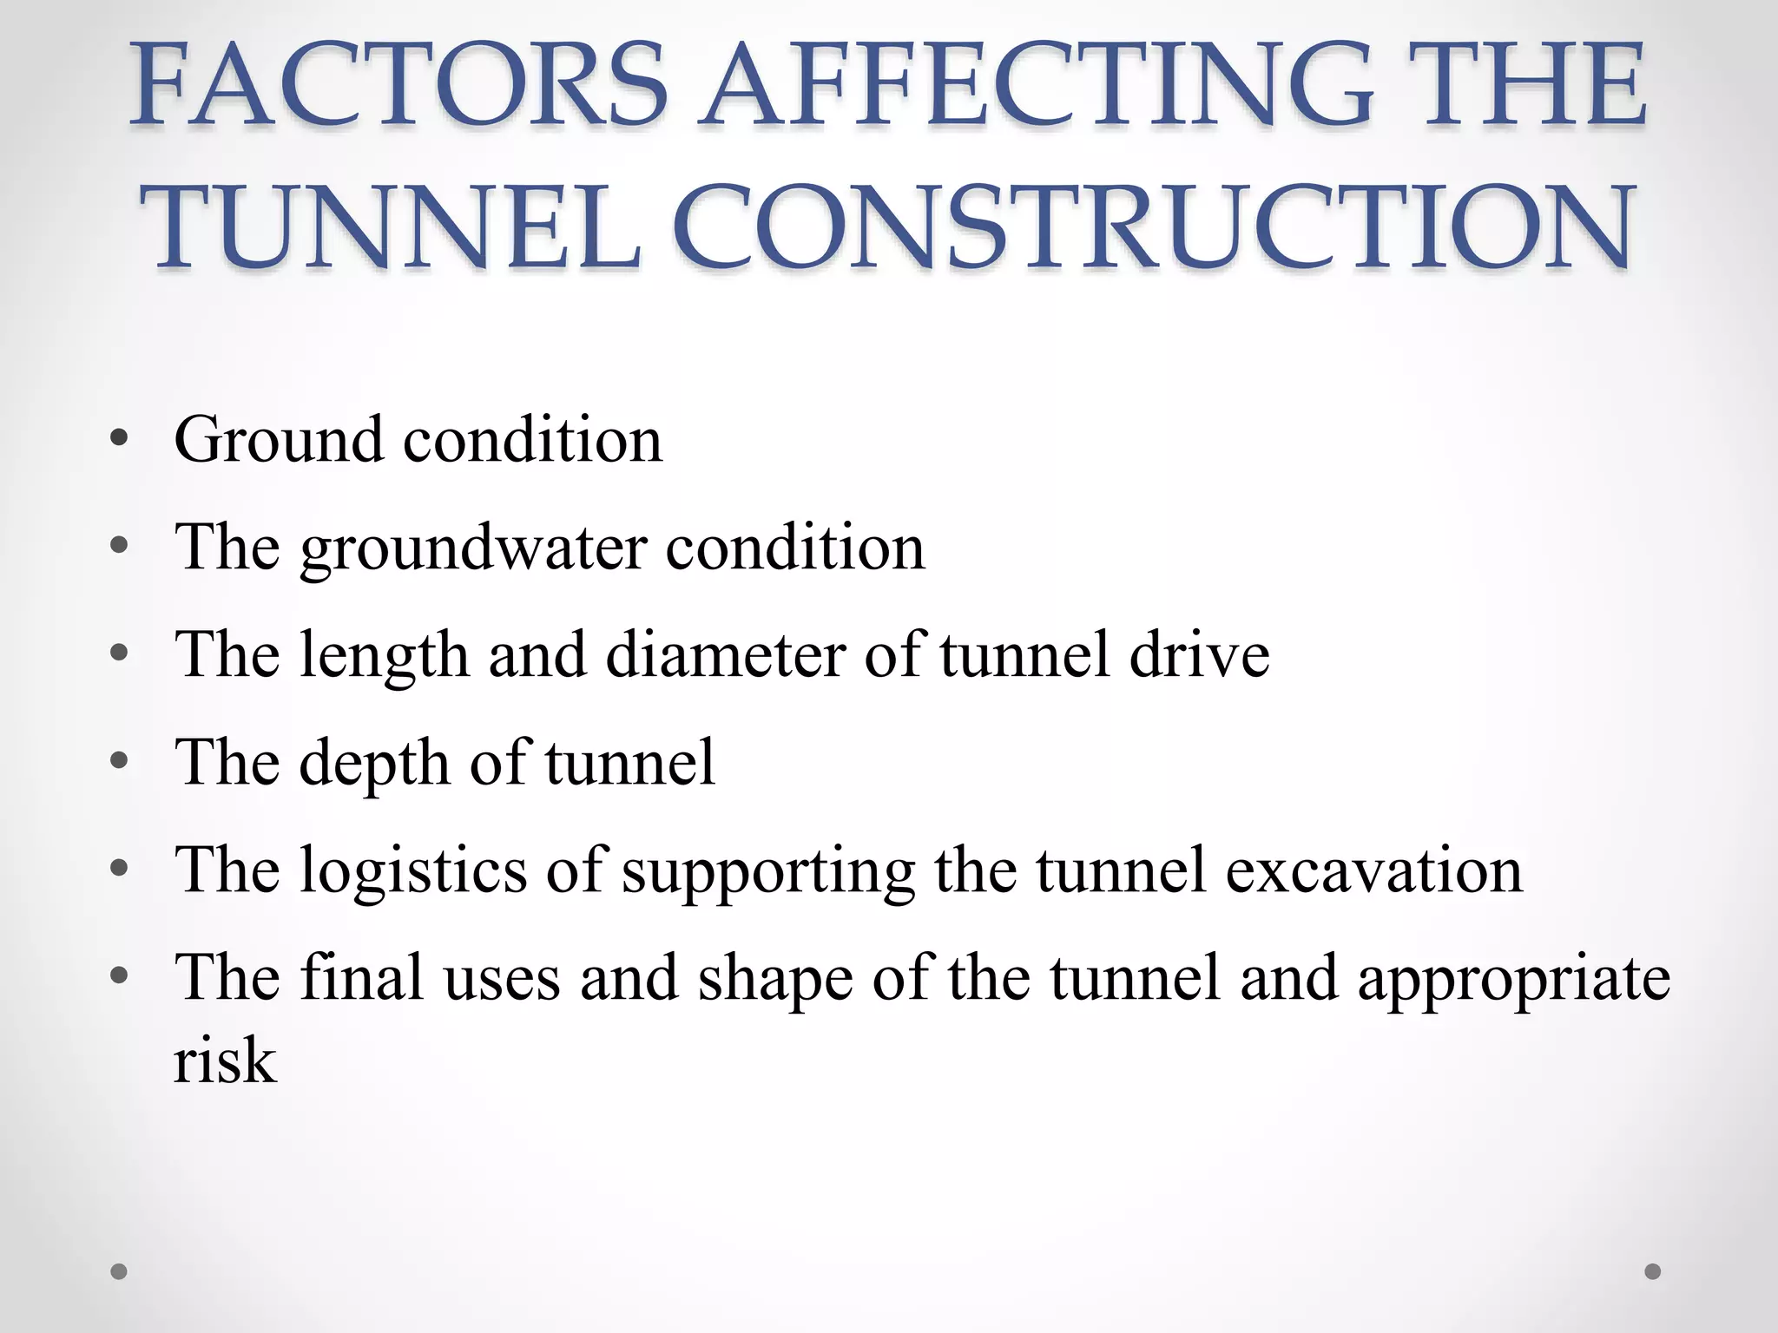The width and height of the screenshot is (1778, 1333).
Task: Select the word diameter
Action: point(726,654)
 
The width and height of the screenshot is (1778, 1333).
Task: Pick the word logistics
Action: point(413,871)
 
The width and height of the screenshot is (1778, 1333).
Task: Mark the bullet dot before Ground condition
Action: point(120,438)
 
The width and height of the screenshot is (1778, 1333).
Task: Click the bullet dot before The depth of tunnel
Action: point(120,762)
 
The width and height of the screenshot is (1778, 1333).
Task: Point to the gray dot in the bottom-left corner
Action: point(119,1271)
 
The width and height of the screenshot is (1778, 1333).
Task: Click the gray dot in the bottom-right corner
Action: point(1653,1271)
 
